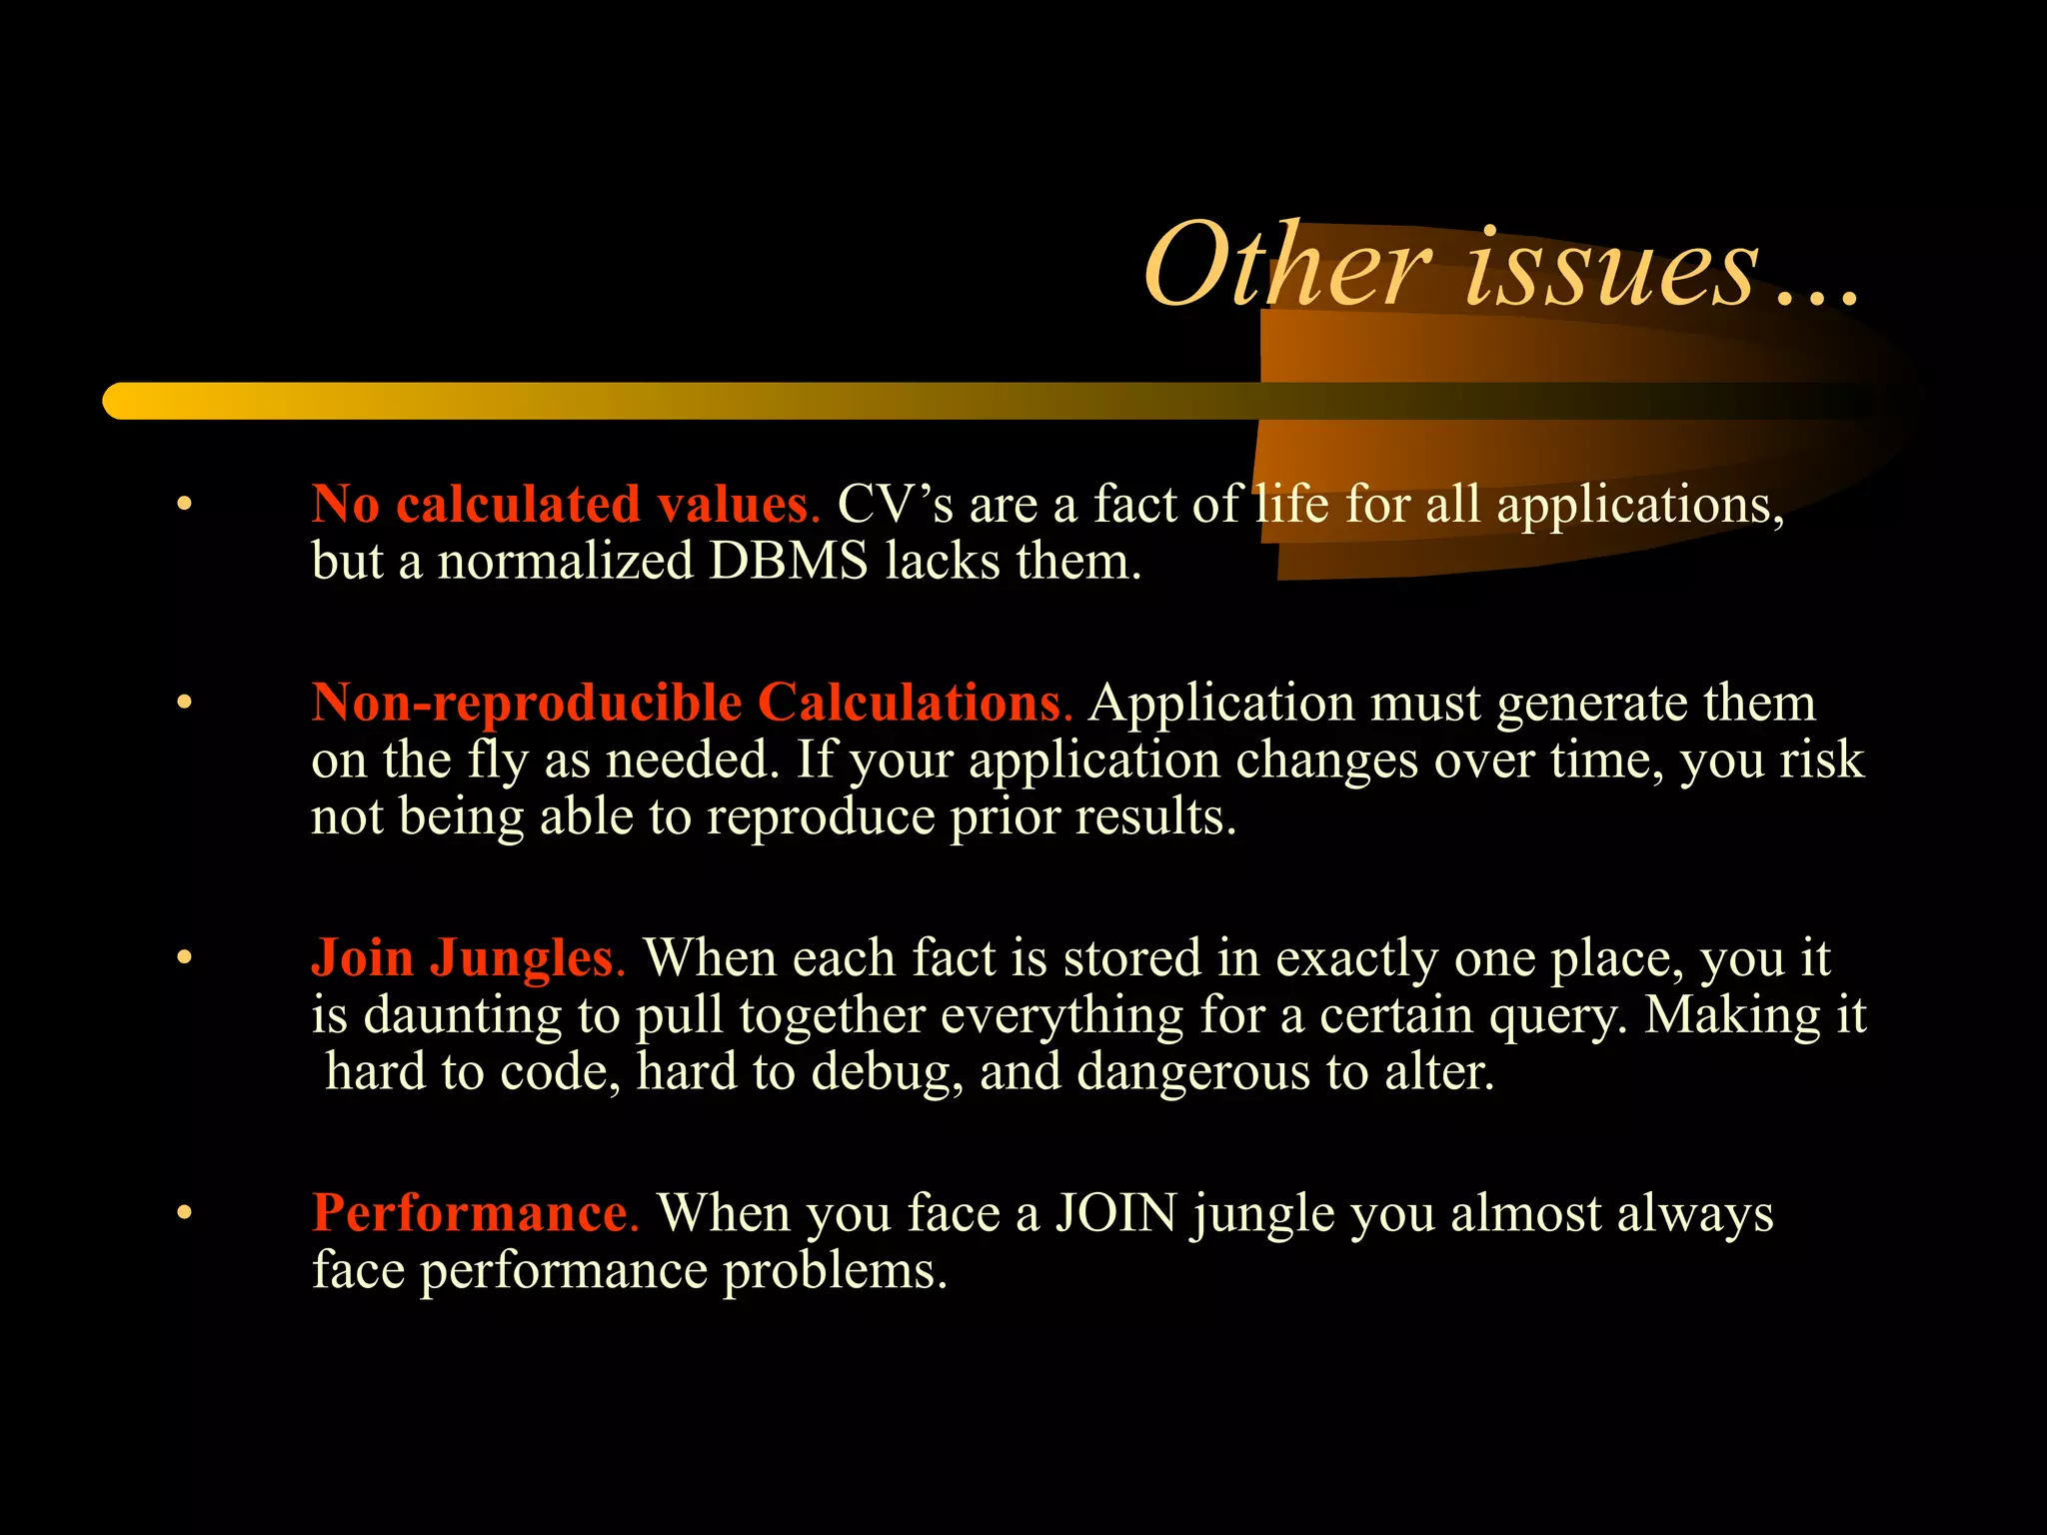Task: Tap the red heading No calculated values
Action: point(565,504)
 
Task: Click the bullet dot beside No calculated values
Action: point(183,505)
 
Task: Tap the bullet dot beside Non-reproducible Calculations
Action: point(183,704)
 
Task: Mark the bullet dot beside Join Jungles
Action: point(183,958)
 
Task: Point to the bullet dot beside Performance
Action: point(183,1214)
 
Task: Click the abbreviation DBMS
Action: point(789,561)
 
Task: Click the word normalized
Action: point(565,561)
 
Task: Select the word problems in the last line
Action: point(835,1271)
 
